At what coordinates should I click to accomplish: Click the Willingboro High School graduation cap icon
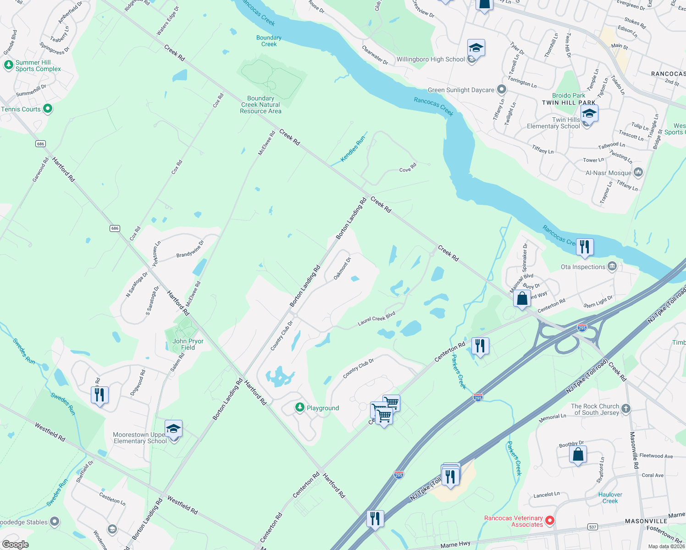[476, 48]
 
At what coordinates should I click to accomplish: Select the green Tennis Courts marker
[48, 109]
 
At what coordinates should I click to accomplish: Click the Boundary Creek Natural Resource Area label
[260, 104]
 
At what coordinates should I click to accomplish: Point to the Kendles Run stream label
[353, 148]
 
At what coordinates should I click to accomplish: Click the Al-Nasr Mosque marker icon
[638, 172]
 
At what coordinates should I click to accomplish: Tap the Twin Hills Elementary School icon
[589, 113]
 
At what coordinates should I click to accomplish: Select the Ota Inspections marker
[612, 266]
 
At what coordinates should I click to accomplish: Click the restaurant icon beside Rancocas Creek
[584, 247]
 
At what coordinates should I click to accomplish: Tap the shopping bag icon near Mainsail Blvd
[522, 299]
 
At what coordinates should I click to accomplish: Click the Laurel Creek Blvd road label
[376, 319]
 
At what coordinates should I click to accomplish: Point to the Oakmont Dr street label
[342, 269]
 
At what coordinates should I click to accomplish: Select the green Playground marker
[299, 407]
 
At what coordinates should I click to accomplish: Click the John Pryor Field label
[188, 344]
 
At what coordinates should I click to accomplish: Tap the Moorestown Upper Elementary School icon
[173, 429]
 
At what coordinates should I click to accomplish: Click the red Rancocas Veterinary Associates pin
[550, 521]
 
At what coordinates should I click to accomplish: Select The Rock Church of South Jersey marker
[626, 408]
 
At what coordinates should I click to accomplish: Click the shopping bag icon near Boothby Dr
[578, 454]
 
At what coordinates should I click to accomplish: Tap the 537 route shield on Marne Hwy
[593, 527]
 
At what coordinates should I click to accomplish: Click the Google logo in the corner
[15, 544]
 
